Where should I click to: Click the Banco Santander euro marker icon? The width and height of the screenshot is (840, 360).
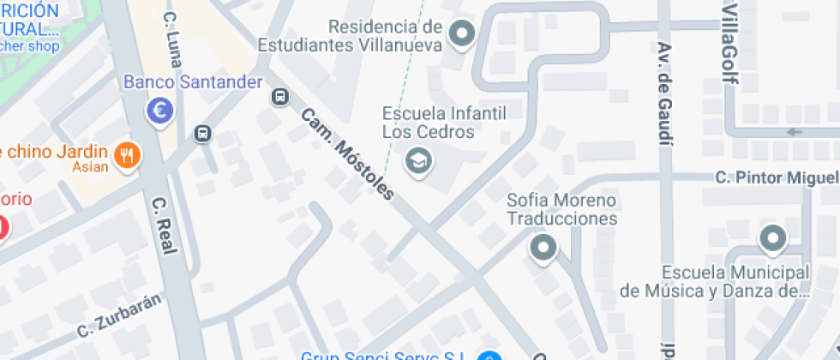(x=159, y=109)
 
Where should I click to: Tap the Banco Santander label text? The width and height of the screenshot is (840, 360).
(x=193, y=82)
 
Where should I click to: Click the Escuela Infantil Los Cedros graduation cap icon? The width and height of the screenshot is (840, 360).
(x=418, y=160)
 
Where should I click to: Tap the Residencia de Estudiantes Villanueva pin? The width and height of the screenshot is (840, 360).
(x=463, y=35)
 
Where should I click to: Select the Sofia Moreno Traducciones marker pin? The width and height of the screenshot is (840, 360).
(x=543, y=249)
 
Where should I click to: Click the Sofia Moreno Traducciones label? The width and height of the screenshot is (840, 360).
(x=561, y=209)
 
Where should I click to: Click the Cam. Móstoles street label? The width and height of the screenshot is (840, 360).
(x=347, y=153)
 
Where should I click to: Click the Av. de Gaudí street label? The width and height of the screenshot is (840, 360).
(x=665, y=93)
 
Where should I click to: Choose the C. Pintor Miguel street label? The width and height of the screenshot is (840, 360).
(x=777, y=177)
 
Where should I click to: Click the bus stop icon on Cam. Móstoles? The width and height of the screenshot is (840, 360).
(x=279, y=96)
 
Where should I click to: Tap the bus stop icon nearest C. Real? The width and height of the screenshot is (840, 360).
(x=202, y=134)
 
